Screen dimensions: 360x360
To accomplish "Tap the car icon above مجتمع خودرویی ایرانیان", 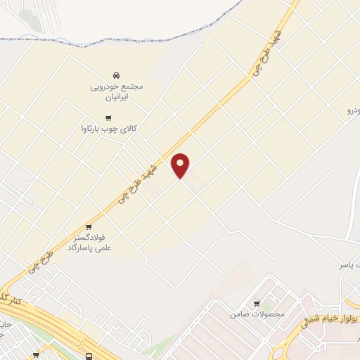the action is tap(116, 75).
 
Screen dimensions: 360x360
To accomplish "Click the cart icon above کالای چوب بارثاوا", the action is tap(108, 117).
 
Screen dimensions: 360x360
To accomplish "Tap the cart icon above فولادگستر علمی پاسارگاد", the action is tap(89, 226).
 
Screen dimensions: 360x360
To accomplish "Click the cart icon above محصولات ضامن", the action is tap(257, 303).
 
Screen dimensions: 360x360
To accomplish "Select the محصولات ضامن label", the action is tap(257, 314).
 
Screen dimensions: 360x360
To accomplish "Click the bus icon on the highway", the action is tap(89, 356).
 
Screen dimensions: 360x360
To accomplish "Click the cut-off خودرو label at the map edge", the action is tap(352, 111).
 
